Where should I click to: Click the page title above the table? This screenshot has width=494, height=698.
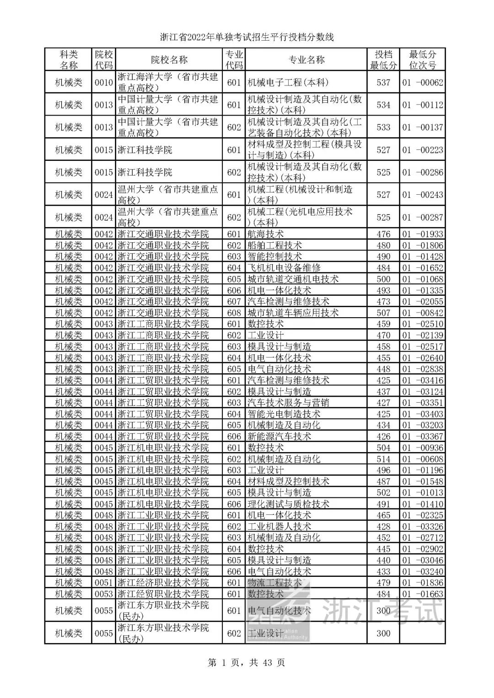(x=247, y=37)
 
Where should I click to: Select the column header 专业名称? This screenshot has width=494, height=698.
(x=306, y=60)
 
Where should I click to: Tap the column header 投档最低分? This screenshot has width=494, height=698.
(x=383, y=60)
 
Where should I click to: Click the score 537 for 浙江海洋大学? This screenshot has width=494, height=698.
(x=383, y=82)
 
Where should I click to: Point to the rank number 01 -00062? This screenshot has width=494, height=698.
(x=423, y=82)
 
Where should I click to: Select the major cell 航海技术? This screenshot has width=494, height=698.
(x=265, y=234)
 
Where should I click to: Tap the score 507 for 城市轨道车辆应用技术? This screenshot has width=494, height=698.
(x=383, y=313)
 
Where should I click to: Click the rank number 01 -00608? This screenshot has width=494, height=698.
(x=423, y=459)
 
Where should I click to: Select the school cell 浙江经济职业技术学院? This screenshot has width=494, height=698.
(x=163, y=583)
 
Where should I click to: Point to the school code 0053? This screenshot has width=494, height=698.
(x=104, y=594)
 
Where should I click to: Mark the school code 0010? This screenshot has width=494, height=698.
(x=104, y=82)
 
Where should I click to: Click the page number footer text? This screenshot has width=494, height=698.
(x=247, y=662)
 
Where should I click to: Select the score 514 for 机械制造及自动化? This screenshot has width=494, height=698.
(x=383, y=459)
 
